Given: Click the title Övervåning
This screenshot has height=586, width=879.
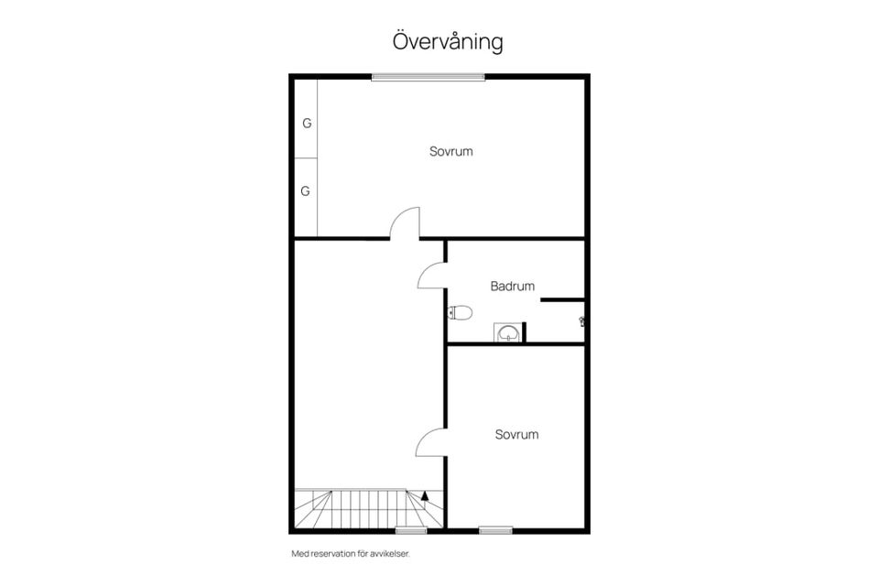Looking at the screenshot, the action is pos(448,41).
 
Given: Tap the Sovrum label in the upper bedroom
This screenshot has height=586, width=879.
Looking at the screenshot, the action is pos(451,151).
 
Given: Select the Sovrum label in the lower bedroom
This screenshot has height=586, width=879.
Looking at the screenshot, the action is pos(516,435).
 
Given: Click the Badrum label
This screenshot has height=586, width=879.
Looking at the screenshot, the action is pos(513,286).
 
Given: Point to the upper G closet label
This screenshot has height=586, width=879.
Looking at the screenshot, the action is pos(307,124).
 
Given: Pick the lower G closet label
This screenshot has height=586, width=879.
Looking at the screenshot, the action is pos(306,191).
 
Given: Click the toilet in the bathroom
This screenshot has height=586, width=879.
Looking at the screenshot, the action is pos(461,312).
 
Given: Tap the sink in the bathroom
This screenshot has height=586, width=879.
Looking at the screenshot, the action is pos(508,332).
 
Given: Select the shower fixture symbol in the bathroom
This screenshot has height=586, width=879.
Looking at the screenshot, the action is pos(582,321).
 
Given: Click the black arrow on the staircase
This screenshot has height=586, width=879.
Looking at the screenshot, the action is pos(424,495).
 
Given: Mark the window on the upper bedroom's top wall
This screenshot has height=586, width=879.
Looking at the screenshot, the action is pos(429,78).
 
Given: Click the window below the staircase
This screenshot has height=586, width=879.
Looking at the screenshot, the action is pos(411,530).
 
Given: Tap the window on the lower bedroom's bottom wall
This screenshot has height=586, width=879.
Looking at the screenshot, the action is pos(495,530).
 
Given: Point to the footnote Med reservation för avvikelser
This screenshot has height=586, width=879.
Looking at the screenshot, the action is pos(351,554).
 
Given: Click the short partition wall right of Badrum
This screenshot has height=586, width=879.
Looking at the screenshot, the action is pos(563,300).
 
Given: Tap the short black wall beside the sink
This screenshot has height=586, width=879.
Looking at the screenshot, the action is pos(524,331).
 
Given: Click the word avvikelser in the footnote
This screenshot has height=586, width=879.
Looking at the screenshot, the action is pos(390,554).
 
